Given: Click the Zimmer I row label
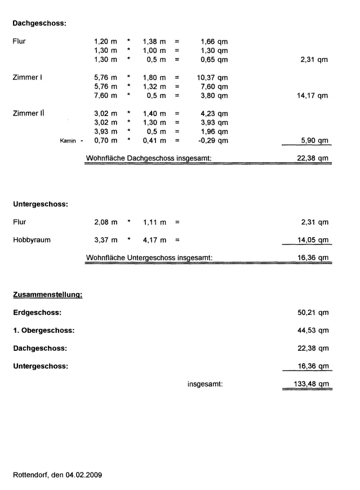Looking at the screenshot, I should (28, 77).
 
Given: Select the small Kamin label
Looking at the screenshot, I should (68, 141).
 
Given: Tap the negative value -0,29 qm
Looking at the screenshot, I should (214, 141).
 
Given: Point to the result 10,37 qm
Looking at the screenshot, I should (214, 77).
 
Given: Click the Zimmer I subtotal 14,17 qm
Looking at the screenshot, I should (312, 96).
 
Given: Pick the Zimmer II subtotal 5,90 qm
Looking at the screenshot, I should (314, 141).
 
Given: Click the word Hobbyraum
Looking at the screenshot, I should (32, 240).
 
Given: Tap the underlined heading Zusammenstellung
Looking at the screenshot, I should (48, 295).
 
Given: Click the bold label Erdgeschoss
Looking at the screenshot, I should (37, 313).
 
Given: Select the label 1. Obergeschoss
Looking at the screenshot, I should (43, 331).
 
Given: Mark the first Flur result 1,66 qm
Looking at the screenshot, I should (214, 41).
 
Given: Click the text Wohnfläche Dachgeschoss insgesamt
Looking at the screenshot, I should (148, 158).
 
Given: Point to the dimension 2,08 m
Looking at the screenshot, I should (105, 222).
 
